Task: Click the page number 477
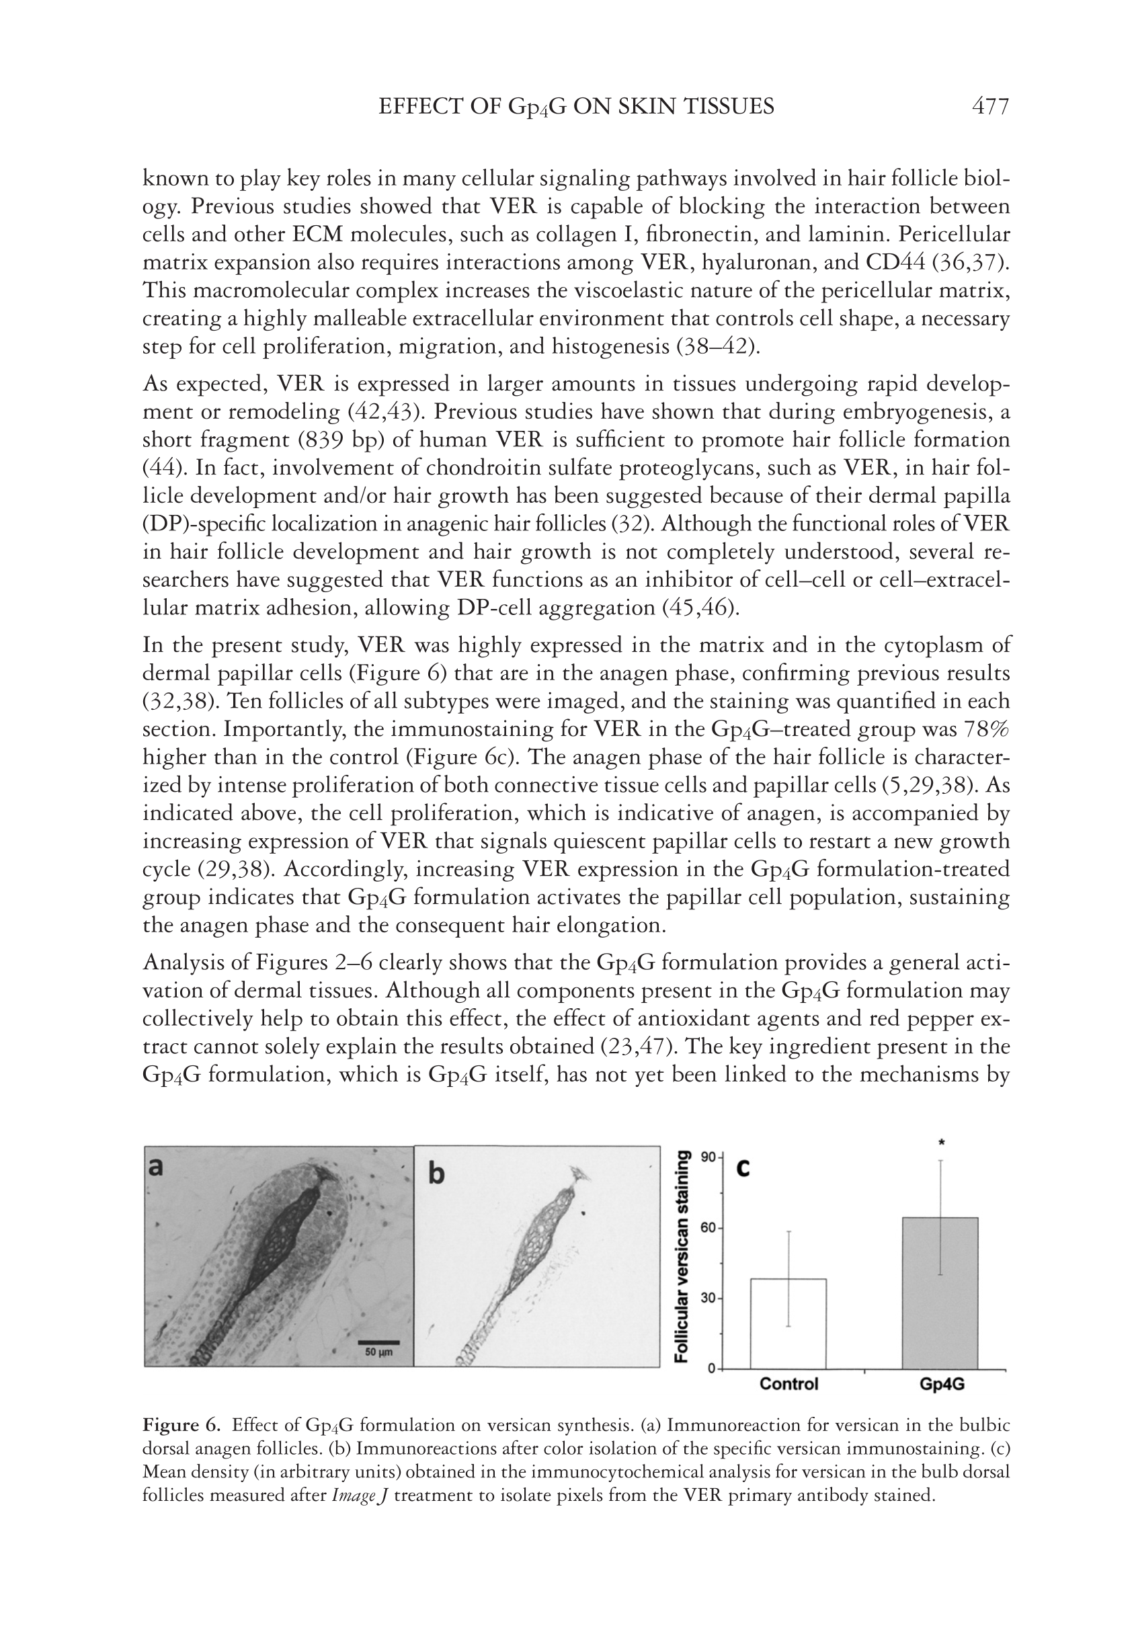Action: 989,107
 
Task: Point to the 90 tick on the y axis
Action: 708,1157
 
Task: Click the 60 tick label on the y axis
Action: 708,1227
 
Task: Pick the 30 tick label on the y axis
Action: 708,1298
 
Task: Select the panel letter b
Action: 436,1174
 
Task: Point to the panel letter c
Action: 743,1168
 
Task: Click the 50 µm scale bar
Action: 378,1343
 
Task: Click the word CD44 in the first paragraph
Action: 896,263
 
